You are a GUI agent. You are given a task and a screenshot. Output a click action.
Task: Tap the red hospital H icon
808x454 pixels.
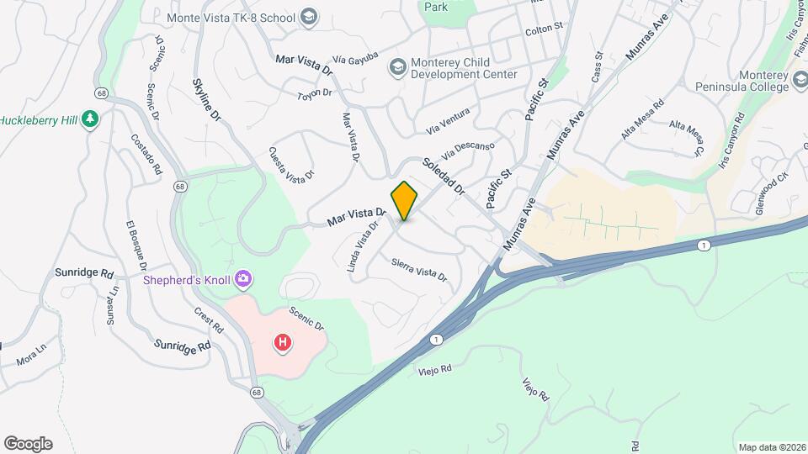(x=284, y=342)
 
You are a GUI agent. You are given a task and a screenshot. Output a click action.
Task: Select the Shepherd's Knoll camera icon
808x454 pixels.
(x=243, y=278)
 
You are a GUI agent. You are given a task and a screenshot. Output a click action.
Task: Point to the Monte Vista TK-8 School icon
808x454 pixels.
(x=309, y=16)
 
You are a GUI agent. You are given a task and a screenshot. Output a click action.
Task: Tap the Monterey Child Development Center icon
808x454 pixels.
(x=396, y=66)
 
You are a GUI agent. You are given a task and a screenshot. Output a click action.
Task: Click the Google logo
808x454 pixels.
(x=28, y=444)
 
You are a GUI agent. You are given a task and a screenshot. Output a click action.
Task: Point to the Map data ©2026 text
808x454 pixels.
(x=771, y=447)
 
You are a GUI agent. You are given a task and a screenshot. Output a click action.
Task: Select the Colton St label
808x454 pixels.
(x=543, y=29)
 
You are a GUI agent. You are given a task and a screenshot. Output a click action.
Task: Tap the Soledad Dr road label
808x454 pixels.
(x=444, y=177)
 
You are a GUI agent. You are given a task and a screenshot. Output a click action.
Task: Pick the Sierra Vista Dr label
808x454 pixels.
(x=418, y=269)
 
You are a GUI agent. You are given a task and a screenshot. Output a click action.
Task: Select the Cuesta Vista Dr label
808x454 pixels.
(x=291, y=163)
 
